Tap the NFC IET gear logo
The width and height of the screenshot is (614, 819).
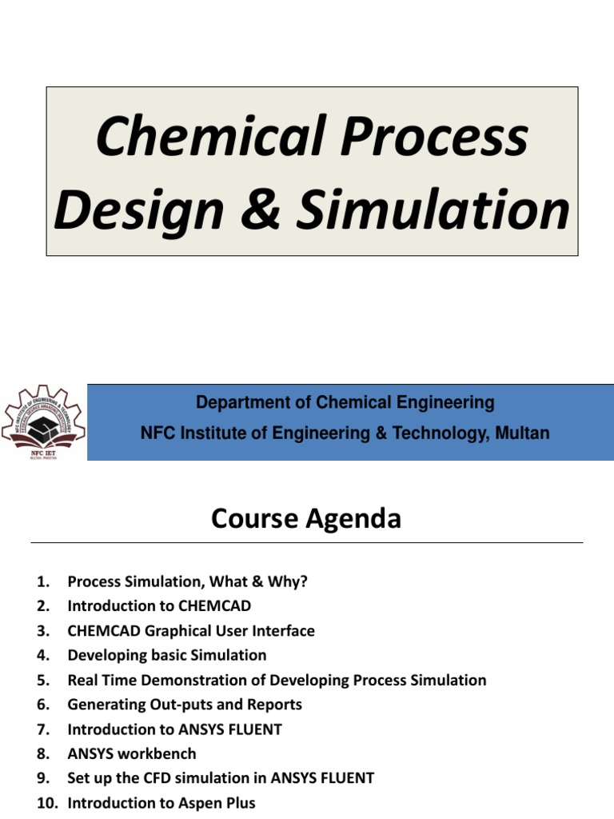(x=42, y=421)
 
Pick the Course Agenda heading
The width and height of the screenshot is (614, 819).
(x=306, y=520)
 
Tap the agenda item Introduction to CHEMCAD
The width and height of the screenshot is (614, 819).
(x=159, y=606)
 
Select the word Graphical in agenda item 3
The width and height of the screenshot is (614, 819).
(x=170, y=631)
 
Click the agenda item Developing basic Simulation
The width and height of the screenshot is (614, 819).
(x=167, y=656)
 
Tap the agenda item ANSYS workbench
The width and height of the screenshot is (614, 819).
(x=132, y=754)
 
